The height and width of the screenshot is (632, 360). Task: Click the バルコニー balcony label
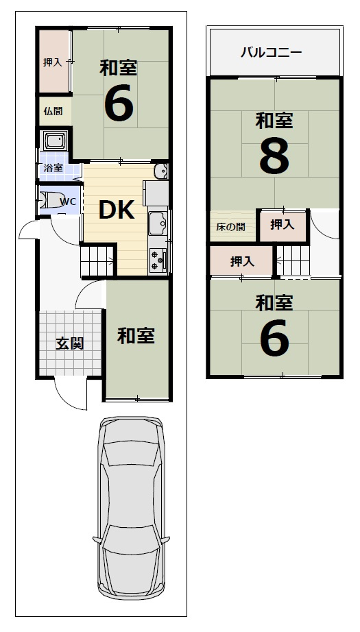(x=271, y=52)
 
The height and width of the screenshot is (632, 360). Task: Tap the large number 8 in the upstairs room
(x=274, y=157)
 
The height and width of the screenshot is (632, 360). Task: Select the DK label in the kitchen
(x=116, y=210)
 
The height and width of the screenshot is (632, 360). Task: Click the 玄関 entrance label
(x=69, y=343)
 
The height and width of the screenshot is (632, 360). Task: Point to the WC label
(x=68, y=202)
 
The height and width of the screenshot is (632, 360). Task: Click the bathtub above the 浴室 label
(x=54, y=142)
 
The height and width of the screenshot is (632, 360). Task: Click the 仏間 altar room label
(x=53, y=111)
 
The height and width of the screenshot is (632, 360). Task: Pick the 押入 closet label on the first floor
(x=53, y=62)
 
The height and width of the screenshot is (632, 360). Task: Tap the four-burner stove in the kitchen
(x=157, y=260)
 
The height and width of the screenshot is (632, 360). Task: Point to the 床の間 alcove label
(x=232, y=226)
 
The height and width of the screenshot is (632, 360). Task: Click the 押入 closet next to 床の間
(x=281, y=224)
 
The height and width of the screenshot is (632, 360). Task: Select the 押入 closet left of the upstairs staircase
(x=241, y=261)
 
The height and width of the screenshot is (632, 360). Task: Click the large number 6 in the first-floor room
(x=118, y=105)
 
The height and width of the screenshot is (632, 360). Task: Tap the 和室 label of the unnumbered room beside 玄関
(x=136, y=336)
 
